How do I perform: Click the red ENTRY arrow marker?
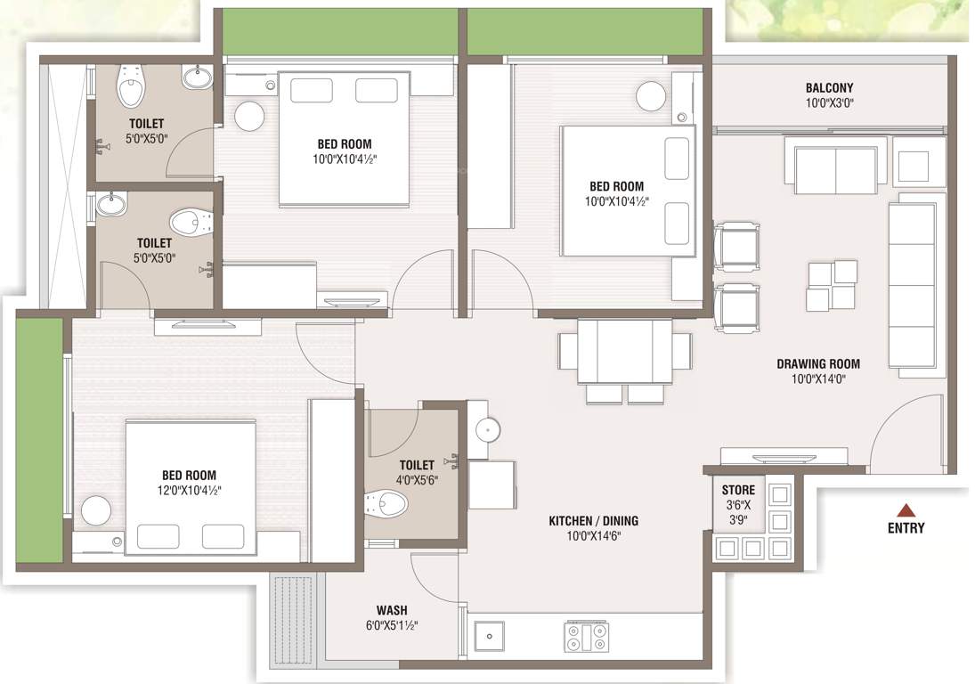(906, 510)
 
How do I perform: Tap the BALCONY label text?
(830, 88)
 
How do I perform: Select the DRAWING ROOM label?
(818, 363)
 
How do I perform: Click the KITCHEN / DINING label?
(593, 521)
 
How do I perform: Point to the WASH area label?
(392, 611)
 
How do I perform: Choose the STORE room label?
(739, 490)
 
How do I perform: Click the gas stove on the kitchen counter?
(587, 636)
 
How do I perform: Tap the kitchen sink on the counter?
(490, 636)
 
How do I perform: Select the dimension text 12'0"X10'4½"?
(189, 491)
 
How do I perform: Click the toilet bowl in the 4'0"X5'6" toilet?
(386, 502)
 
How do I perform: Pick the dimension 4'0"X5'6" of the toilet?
(417, 480)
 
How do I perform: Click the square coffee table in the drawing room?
(832, 285)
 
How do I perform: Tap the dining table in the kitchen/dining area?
(624, 351)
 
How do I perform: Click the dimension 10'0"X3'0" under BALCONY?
(830, 103)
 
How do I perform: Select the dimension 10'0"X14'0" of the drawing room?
(818, 379)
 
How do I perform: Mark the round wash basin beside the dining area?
(488, 429)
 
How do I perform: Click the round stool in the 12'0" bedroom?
(96, 510)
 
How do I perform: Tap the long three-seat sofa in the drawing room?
(912, 285)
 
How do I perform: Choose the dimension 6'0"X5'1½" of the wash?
(392, 625)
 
